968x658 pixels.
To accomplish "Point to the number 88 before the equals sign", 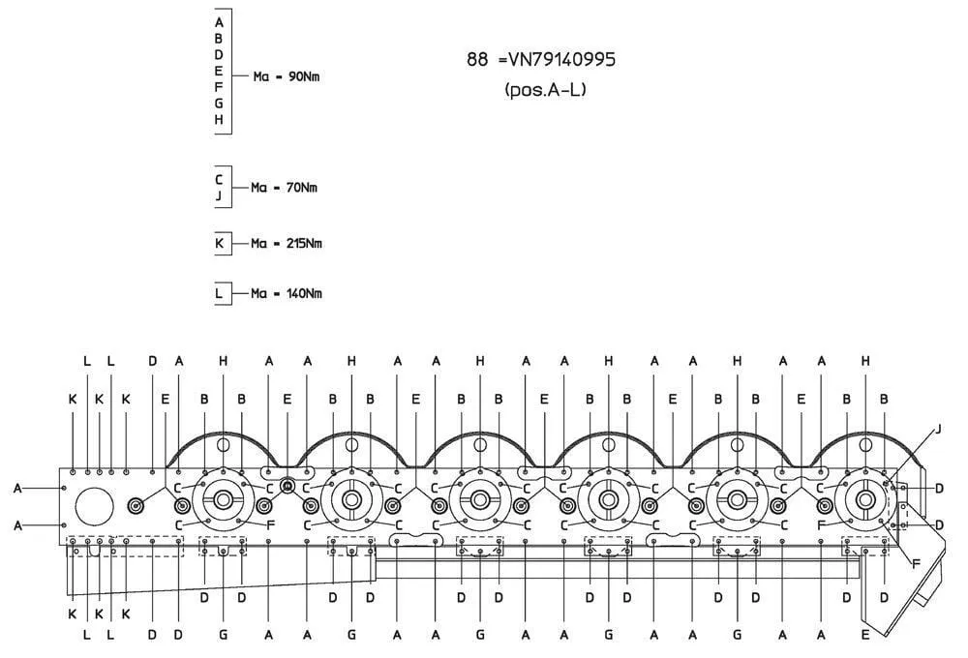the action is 477,60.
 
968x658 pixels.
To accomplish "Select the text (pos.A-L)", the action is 545,90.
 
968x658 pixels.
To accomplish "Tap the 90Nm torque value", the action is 304,77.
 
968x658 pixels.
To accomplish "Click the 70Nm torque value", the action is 301,188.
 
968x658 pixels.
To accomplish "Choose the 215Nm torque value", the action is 304,243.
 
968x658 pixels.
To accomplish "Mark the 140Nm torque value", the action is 304,294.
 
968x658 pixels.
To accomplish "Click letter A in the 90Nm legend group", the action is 219,23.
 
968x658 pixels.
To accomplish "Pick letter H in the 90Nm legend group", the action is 219,120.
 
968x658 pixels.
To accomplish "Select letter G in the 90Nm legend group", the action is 219,104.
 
